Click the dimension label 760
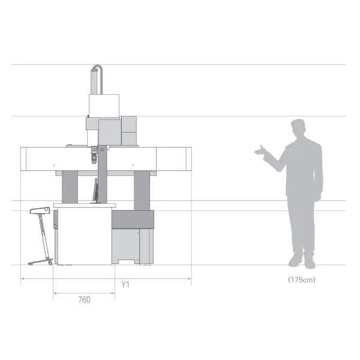coord(84,300)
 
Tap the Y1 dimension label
coord(125,285)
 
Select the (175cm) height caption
coord(302,280)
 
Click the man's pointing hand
coord(260,151)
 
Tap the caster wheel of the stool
coord(50,263)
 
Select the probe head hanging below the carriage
coord(94,155)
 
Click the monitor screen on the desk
coord(95,191)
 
